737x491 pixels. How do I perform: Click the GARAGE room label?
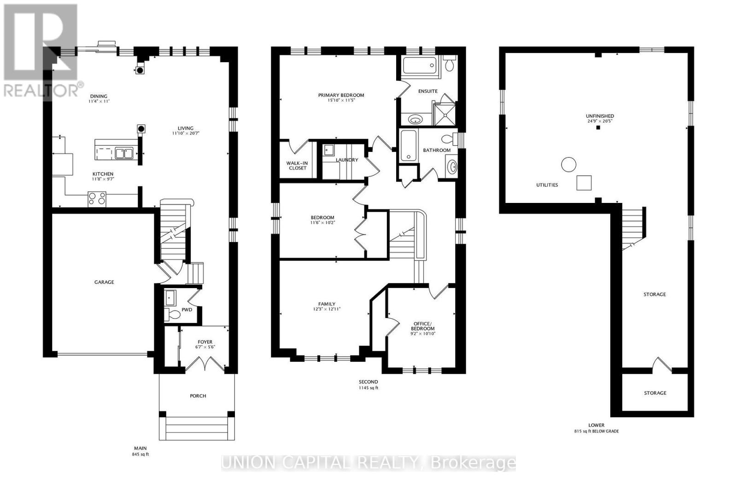click(104, 282)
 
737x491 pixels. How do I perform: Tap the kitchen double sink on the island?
click(124, 153)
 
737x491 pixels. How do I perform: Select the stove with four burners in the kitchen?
click(97, 199)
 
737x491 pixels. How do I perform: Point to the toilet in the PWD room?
click(173, 315)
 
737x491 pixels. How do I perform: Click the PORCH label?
click(198, 396)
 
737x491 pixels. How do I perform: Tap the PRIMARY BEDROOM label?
click(341, 95)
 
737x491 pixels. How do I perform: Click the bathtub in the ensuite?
click(419, 65)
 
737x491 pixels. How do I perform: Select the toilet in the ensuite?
click(450, 64)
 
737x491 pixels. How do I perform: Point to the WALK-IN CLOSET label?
click(297, 166)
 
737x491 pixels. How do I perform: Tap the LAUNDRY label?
click(347, 160)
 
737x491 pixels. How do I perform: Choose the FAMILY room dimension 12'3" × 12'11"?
click(327, 309)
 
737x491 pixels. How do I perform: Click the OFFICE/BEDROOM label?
click(422, 326)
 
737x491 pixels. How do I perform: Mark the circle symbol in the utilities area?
click(568, 164)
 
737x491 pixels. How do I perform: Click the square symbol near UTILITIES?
click(585, 183)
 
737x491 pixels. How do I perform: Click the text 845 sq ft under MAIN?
click(140, 454)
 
